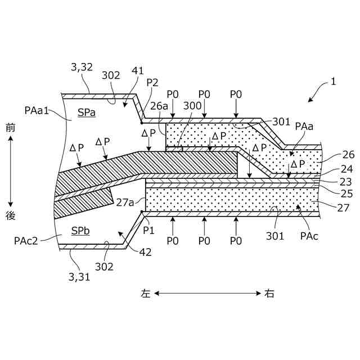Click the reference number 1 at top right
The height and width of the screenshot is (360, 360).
point(333,81)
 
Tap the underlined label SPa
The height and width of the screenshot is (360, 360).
point(87,112)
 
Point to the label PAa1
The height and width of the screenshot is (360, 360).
point(37,107)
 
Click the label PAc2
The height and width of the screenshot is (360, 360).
point(26,241)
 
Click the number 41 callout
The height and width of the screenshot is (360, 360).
point(138,71)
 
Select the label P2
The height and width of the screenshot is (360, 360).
point(152,82)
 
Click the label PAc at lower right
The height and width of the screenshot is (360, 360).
point(309,236)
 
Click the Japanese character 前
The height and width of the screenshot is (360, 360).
point(10,128)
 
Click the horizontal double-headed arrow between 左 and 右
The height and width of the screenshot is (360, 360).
point(208,293)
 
